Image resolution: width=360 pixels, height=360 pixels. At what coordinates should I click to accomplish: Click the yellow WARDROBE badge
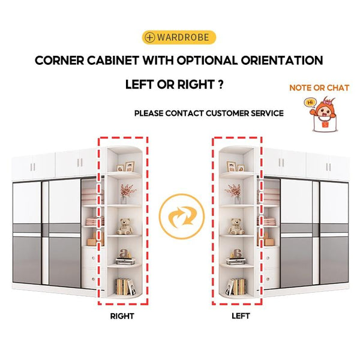tap(179, 37)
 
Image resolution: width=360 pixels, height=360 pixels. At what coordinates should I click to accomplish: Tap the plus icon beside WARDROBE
tap(149, 37)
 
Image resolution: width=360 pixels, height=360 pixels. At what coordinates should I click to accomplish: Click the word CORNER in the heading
tap(59, 61)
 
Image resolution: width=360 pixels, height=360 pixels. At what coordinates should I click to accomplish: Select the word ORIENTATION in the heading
tap(282, 61)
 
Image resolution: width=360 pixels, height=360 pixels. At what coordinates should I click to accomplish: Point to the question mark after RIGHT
tap(220, 84)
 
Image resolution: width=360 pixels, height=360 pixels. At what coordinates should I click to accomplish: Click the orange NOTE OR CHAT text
tap(319, 88)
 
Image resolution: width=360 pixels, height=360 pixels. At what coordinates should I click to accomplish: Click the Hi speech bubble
tap(310, 102)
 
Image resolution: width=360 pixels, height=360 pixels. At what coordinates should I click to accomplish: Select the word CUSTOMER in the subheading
tap(227, 113)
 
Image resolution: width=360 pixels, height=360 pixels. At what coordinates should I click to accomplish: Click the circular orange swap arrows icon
tap(181, 216)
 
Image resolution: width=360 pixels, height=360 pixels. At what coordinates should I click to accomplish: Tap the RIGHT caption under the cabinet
tap(122, 316)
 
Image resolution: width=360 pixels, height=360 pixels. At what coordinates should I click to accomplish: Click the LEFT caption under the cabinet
tap(241, 316)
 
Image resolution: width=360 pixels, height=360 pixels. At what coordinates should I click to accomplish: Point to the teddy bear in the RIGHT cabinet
tap(125, 226)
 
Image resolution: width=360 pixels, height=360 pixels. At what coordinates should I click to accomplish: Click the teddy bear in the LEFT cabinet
tap(236, 226)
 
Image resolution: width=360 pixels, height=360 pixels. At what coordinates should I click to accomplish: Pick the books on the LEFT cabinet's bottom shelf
tap(236, 287)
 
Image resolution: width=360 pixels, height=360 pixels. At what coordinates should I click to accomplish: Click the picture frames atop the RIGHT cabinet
tap(125, 166)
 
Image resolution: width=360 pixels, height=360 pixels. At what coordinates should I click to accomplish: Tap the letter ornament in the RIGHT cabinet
tap(124, 254)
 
